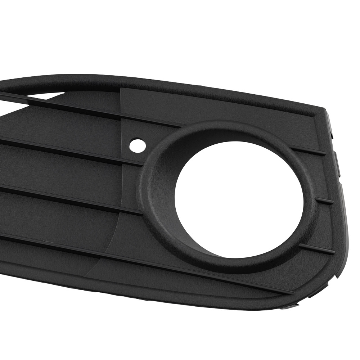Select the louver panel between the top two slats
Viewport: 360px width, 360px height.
(72, 126)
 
